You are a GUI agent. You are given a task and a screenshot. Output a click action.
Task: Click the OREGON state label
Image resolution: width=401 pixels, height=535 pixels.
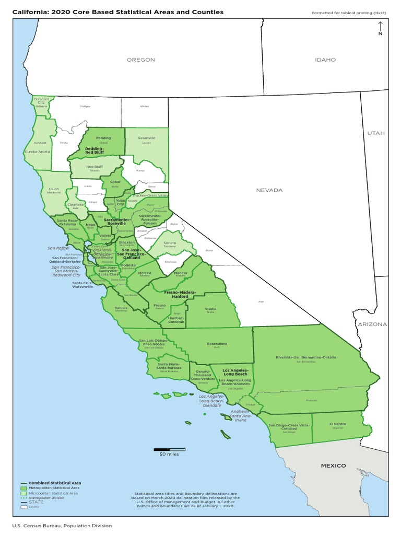point(141,60)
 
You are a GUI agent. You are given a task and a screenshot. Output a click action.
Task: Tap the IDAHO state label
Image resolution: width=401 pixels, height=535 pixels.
point(325,60)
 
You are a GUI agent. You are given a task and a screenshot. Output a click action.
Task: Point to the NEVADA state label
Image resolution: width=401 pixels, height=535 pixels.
point(269,190)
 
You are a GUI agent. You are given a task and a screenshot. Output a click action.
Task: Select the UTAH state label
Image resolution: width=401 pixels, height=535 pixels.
point(375,133)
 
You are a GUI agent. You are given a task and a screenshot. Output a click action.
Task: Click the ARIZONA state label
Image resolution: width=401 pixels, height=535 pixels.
point(372,324)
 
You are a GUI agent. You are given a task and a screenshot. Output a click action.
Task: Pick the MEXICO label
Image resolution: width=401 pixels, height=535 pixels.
point(333,466)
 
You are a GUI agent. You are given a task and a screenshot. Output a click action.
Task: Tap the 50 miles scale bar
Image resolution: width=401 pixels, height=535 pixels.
point(169,449)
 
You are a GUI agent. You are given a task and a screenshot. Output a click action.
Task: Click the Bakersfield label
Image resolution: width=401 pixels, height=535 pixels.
point(217,344)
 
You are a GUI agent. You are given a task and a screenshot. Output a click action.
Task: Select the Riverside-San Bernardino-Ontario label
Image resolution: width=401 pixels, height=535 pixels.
point(306,357)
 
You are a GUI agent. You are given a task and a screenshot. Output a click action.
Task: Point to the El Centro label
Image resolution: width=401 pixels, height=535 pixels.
point(338,424)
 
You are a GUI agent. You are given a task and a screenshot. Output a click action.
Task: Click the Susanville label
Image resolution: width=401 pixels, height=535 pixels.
point(147,138)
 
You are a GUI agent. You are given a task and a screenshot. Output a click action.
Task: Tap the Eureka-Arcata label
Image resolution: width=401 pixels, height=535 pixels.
point(38,152)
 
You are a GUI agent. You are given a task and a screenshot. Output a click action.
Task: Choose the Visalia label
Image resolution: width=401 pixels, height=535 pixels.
point(210,309)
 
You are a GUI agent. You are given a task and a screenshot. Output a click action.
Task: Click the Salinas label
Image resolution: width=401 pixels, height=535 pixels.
point(121,308)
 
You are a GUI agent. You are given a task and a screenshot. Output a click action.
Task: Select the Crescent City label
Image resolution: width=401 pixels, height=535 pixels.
point(41,100)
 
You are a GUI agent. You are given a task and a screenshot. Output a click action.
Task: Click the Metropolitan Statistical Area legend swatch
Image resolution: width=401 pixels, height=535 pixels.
point(23,488)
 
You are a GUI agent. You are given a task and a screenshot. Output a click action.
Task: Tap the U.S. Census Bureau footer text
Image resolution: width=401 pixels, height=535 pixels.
point(58,526)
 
